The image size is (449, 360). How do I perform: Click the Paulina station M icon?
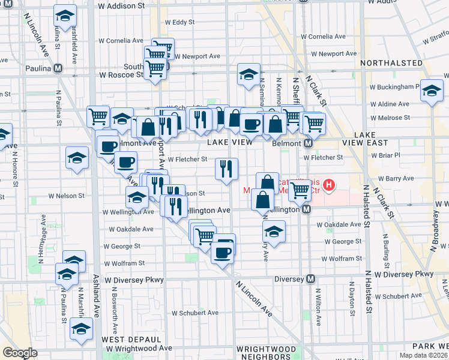point(58,68)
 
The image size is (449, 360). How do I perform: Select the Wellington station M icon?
point(306,209)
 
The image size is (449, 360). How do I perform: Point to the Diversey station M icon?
point(311,279)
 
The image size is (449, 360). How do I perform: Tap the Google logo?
point(20,352)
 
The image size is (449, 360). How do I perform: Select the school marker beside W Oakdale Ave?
point(274,232)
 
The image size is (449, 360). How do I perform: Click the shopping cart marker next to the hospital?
point(300,191)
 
